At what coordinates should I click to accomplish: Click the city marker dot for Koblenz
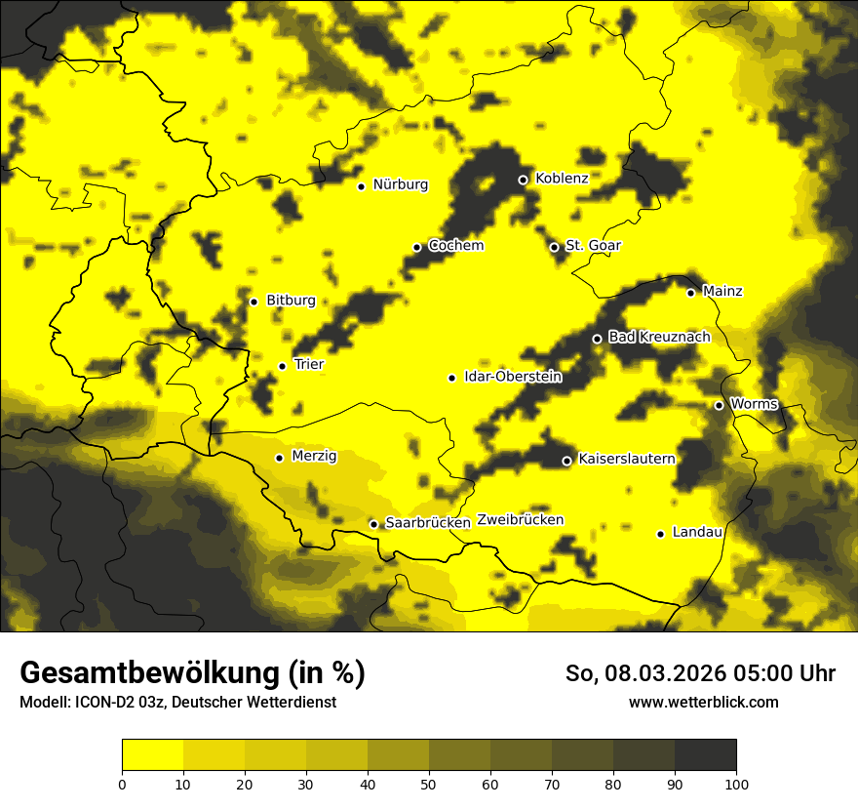click(x=523, y=180)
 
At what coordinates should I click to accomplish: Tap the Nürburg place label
click(x=400, y=184)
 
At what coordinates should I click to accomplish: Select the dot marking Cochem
click(x=417, y=247)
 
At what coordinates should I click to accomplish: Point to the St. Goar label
click(x=593, y=246)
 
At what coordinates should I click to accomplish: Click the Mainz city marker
click(x=690, y=293)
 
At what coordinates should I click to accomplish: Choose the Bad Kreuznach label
click(x=659, y=338)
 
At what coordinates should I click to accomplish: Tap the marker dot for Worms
click(x=719, y=405)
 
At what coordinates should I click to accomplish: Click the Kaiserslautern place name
click(x=626, y=459)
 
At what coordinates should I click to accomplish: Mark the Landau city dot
click(x=660, y=534)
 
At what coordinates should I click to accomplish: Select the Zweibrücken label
click(x=520, y=520)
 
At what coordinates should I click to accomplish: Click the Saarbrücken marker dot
click(x=373, y=524)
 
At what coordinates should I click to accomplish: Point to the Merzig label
click(x=314, y=457)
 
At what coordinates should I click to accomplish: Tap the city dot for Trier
click(x=282, y=366)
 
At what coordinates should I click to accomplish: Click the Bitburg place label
click(x=291, y=301)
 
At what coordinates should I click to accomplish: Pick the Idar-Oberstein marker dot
click(x=451, y=378)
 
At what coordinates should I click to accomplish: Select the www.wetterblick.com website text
click(x=703, y=703)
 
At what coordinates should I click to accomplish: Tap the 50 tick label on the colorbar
click(x=429, y=784)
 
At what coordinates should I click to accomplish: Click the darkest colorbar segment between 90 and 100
click(x=705, y=755)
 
